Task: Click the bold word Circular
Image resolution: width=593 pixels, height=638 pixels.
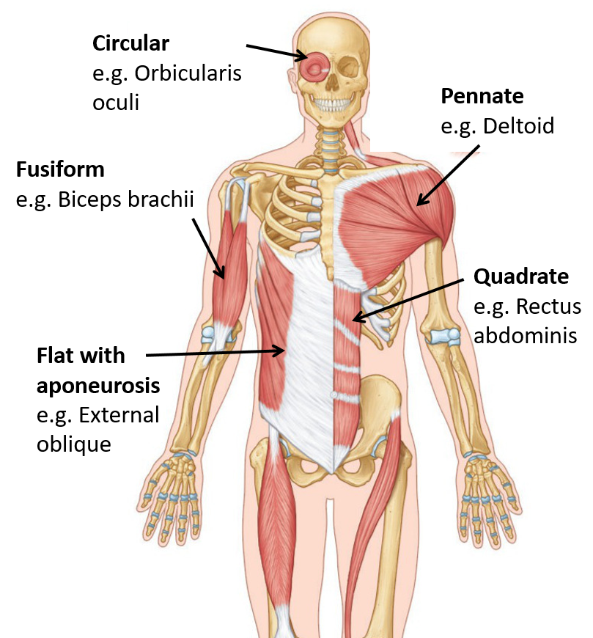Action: tap(130, 43)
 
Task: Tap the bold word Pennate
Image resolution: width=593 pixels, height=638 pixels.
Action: tap(482, 96)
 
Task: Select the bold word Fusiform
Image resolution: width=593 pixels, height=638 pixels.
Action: tap(60, 170)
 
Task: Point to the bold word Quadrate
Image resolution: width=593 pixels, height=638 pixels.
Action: tap(521, 276)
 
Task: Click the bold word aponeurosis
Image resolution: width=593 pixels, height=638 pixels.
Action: tap(98, 386)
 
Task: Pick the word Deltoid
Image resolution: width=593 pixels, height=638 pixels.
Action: tap(519, 125)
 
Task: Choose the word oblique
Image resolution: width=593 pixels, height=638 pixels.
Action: tap(74, 444)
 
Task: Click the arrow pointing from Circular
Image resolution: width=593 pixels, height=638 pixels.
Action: tap(276, 51)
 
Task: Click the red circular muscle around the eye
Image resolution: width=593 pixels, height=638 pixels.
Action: tap(317, 70)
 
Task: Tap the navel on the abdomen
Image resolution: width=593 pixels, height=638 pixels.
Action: tap(334, 395)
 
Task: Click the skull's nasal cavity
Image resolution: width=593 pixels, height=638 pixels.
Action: tap(333, 86)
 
